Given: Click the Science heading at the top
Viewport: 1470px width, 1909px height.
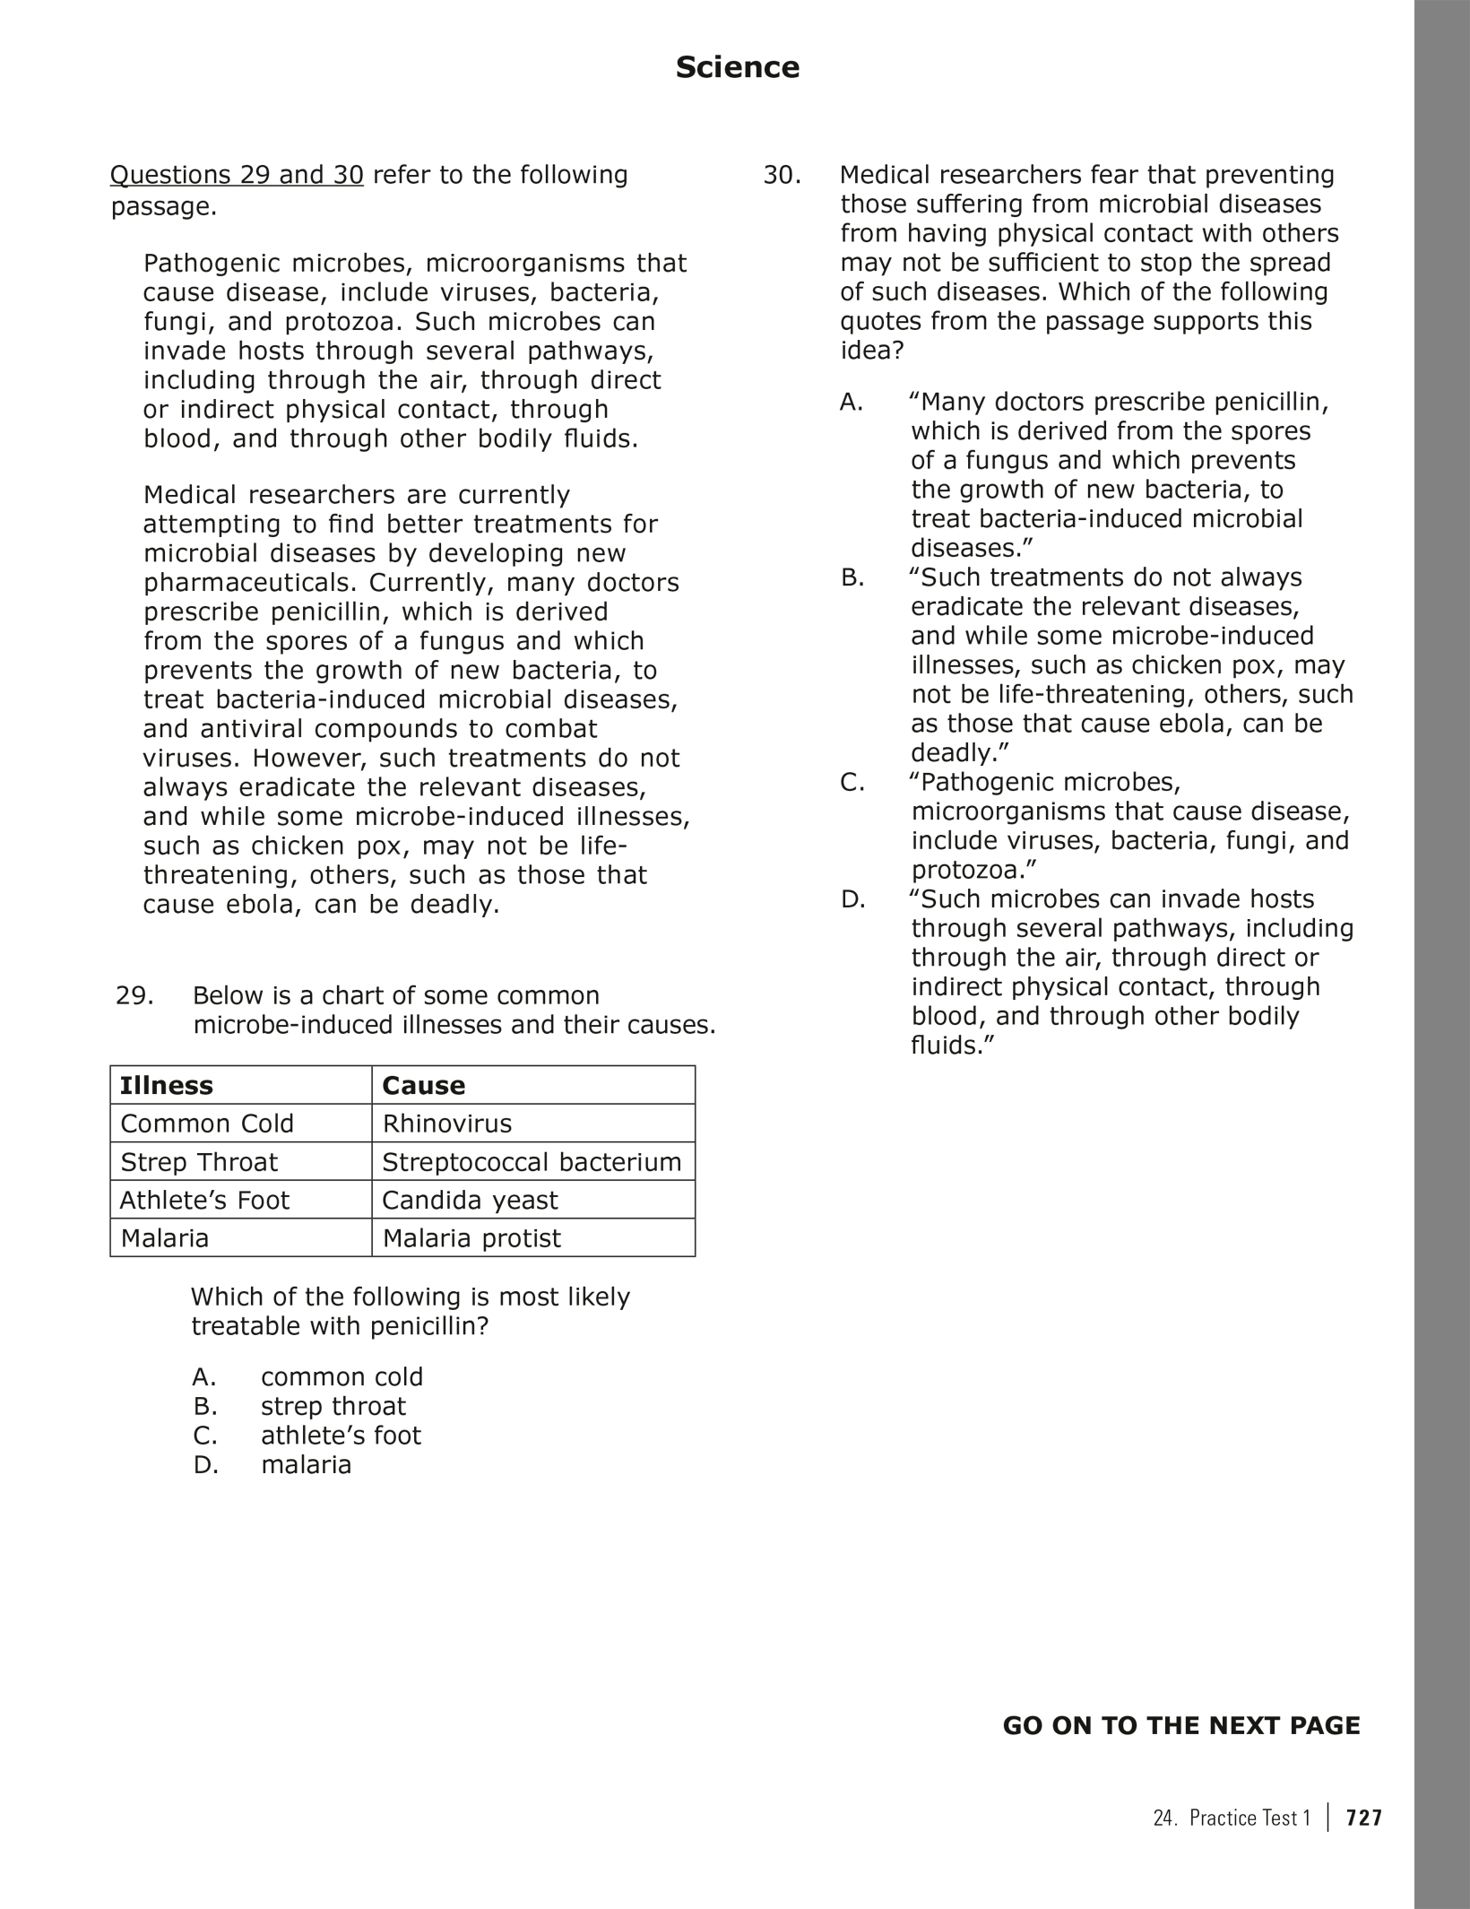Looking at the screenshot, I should [x=737, y=67].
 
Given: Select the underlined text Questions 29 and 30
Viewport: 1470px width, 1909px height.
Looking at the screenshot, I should [x=237, y=175].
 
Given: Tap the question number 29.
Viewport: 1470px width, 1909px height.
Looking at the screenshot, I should [x=134, y=995].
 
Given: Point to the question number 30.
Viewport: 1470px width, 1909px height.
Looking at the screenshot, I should [x=782, y=175].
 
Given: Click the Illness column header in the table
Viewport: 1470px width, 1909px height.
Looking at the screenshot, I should [x=167, y=1085].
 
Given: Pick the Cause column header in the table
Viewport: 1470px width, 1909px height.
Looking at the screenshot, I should [x=424, y=1085].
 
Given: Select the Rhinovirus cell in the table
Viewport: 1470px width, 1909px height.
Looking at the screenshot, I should [x=447, y=1124].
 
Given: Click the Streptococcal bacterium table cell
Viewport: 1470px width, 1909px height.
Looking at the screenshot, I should [x=532, y=1162].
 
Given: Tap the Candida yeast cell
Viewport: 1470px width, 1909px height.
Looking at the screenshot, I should [x=470, y=1200].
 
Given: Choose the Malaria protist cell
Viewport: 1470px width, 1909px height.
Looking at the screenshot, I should [x=471, y=1238].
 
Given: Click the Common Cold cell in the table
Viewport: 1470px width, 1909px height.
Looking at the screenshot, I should [x=207, y=1124].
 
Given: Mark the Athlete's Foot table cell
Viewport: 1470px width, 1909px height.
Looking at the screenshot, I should [x=205, y=1200].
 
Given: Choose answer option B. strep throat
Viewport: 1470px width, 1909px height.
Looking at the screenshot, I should [x=299, y=1406].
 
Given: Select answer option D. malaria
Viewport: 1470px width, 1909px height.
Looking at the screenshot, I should [x=272, y=1464].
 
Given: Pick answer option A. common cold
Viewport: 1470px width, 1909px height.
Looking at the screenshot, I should [x=307, y=1376].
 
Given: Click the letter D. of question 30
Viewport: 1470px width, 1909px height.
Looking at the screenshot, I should [x=853, y=899].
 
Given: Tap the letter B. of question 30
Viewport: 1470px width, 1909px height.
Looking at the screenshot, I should [x=852, y=577].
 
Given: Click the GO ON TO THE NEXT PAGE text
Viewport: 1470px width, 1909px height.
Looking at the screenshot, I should [x=1180, y=1726].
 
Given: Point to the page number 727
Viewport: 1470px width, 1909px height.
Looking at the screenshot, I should [x=1364, y=1818].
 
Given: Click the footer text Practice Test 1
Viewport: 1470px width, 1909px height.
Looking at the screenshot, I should [x=1249, y=1818].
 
